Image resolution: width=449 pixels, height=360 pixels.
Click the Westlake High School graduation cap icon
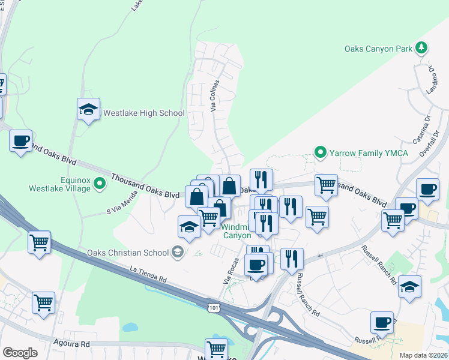pos(88,110)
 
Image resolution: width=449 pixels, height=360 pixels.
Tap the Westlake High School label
pos(143,113)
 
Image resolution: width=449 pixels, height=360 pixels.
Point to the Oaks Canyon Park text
pos(379,48)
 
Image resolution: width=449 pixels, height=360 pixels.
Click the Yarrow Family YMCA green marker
pos(321,153)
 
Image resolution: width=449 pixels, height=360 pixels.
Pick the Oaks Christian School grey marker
pos(178,252)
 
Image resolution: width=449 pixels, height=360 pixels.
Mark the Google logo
pos(20,353)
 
